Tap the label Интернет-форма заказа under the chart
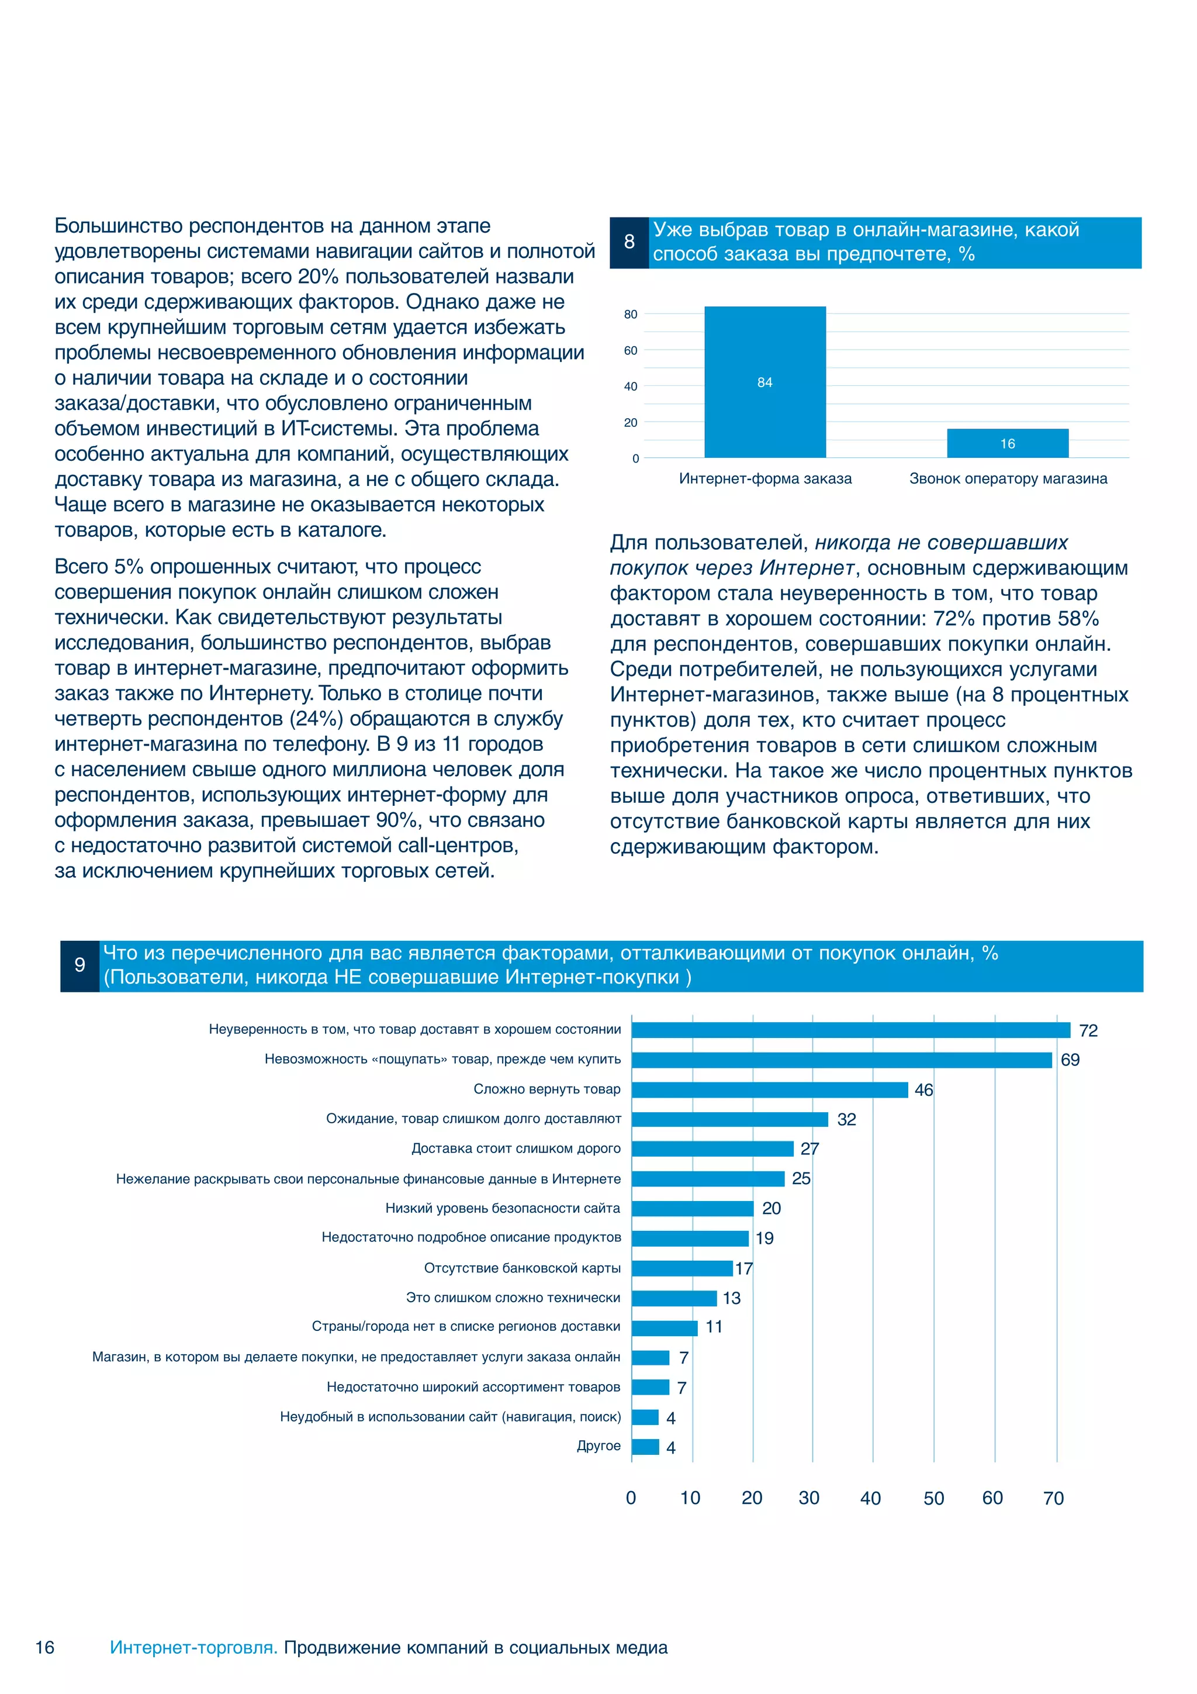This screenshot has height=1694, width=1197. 765,478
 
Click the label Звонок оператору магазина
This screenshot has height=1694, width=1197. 1008,478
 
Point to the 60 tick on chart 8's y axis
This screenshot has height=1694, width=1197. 630,350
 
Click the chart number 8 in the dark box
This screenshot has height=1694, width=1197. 629,242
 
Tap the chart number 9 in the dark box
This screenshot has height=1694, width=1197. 79,965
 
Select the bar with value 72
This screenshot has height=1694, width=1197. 850,1030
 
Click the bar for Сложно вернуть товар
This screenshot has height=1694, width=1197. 769,1090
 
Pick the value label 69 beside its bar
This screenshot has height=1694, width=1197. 1070,1060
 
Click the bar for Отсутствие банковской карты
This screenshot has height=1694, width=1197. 681,1268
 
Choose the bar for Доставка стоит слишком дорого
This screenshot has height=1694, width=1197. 712,1149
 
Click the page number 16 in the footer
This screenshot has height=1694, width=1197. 45,1647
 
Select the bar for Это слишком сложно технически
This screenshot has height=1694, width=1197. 673,1298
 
